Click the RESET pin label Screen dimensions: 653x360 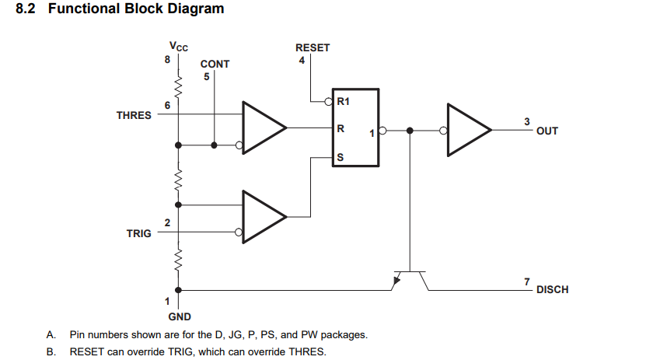click(x=313, y=48)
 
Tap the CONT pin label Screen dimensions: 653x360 click(x=215, y=65)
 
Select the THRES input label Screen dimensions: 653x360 click(x=134, y=115)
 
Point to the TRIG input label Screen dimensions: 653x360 click(x=138, y=233)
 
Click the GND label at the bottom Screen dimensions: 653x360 click(x=180, y=316)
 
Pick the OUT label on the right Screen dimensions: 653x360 click(x=546, y=131)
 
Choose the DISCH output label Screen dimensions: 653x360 click(x=552, y=289)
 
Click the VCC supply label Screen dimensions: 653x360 click(x=179, y=46)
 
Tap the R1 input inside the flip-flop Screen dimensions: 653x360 click(x=343, y=101)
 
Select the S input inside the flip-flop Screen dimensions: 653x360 click(x=340, y=158)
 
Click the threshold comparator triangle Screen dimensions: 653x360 click(x=264, y=128)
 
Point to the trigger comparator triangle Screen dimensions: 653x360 click(x=264, y=217)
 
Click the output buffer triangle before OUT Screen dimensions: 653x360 click(x=470, y=130)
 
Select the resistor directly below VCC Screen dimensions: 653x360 click(x=178, y=86)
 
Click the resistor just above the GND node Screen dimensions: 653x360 click(x=178, y=260)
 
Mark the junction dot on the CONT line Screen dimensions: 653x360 click(x=214, y=145)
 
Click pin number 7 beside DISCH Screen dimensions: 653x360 click(x=527, y=282)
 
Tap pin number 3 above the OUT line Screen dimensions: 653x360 click(x=527, y=121)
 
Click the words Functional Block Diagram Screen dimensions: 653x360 click(x=136, y=9)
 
